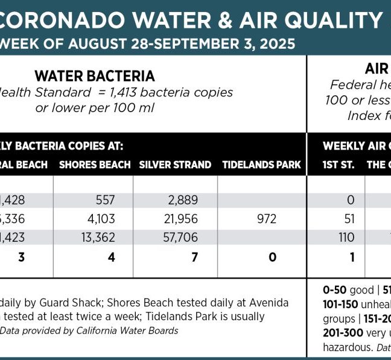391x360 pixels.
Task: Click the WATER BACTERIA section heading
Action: coord(95,76)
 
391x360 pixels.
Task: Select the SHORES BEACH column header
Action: coord(95,165)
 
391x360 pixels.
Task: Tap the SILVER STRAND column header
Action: coord(175,165)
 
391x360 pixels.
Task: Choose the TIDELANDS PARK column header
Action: coord(261,165)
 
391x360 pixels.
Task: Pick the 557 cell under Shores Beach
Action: coord(105,200)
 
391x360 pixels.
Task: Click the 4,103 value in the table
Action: coord(101,218)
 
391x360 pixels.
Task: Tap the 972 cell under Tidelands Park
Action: coord(267,218)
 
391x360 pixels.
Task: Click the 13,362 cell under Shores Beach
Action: coord(98,237)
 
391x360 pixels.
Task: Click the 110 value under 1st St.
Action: coord(346,237)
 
